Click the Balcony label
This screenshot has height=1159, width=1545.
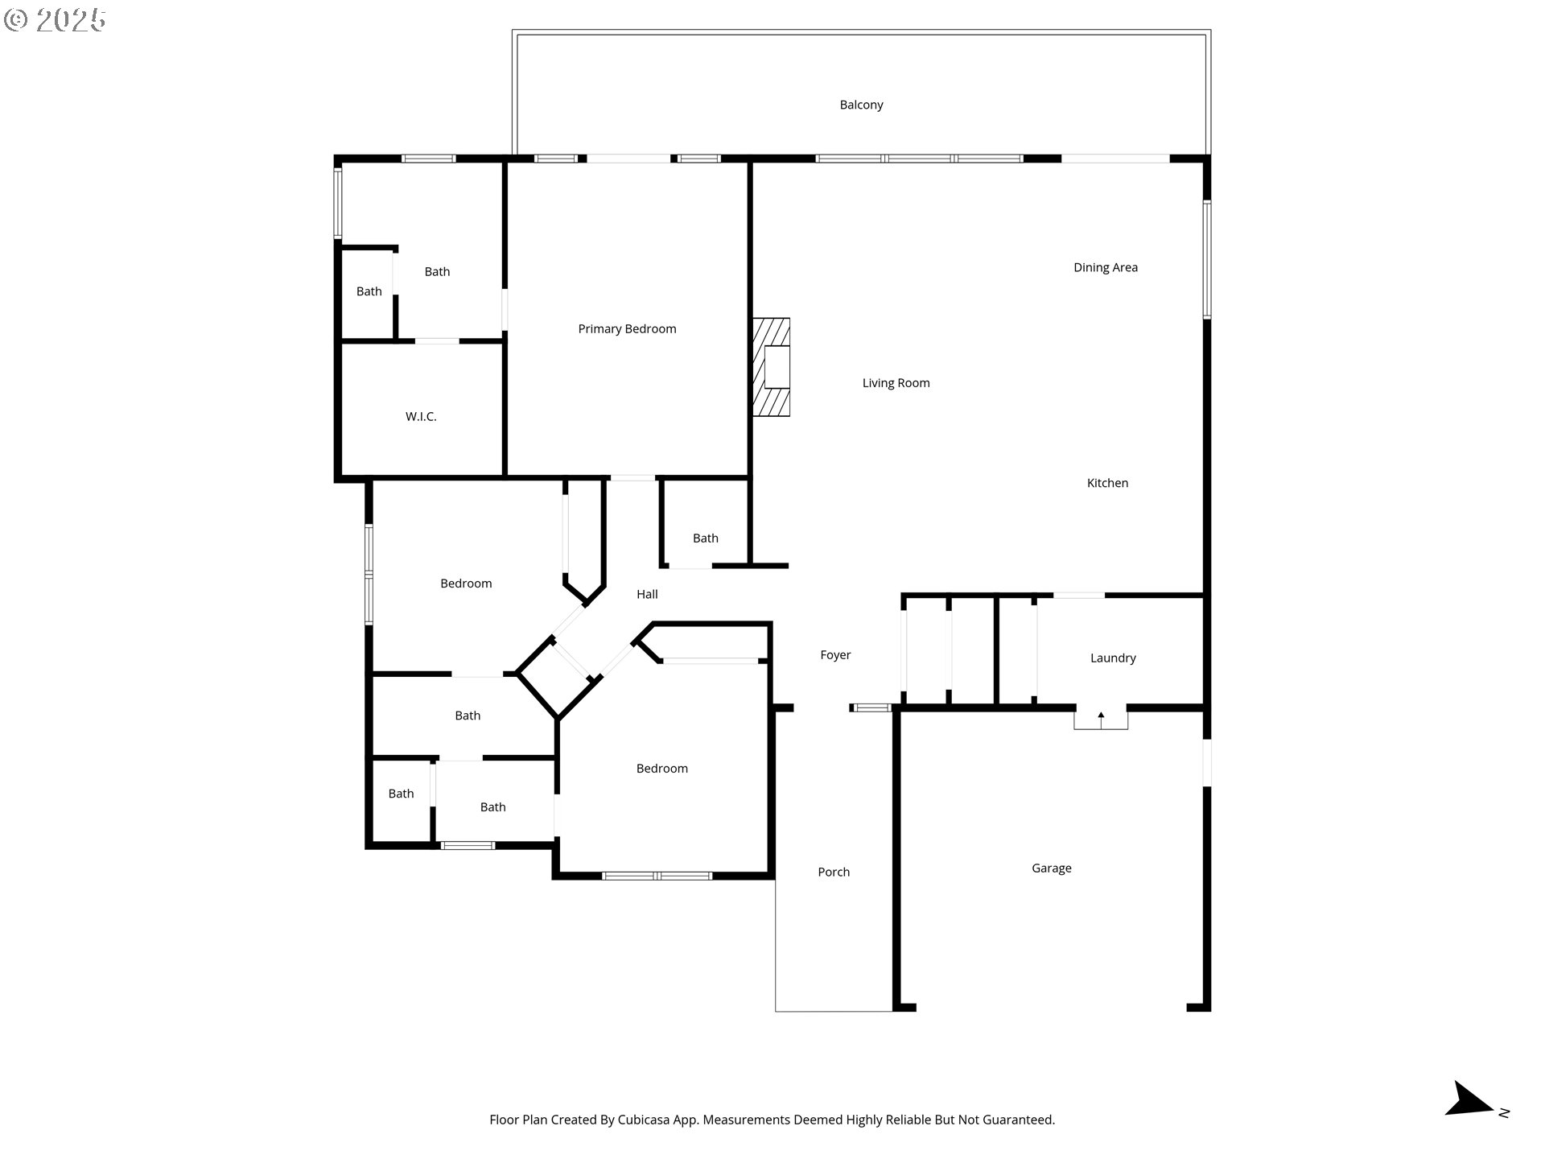tap(861, 105)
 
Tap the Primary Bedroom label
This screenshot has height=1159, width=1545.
tap(627, 328)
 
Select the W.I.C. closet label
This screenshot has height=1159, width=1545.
tap(421, 416)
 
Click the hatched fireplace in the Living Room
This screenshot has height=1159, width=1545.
tap(771, 367)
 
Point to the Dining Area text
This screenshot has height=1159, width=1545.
tap(1105, 267)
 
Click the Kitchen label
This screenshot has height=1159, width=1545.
tap(1107, 483)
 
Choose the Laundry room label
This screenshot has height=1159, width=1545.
tap(1112, 658)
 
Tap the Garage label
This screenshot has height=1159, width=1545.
tap(1051, 868)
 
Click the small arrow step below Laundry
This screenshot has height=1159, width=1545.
tap(1101, 718)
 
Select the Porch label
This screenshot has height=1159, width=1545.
tap(834, 872)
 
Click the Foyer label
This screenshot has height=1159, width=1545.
tap(835, 655)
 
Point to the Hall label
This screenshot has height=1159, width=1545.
tap(647, 594)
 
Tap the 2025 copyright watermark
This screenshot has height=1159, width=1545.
tap(55, 19)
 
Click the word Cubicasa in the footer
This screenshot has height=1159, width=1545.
tap(645, 1120)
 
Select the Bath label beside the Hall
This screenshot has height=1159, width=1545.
tap(705, 538)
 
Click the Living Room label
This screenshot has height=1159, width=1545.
tap(896, 383)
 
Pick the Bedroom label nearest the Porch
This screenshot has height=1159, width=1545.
tap(661, 769)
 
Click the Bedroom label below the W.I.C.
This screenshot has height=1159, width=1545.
tap(466, 584)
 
